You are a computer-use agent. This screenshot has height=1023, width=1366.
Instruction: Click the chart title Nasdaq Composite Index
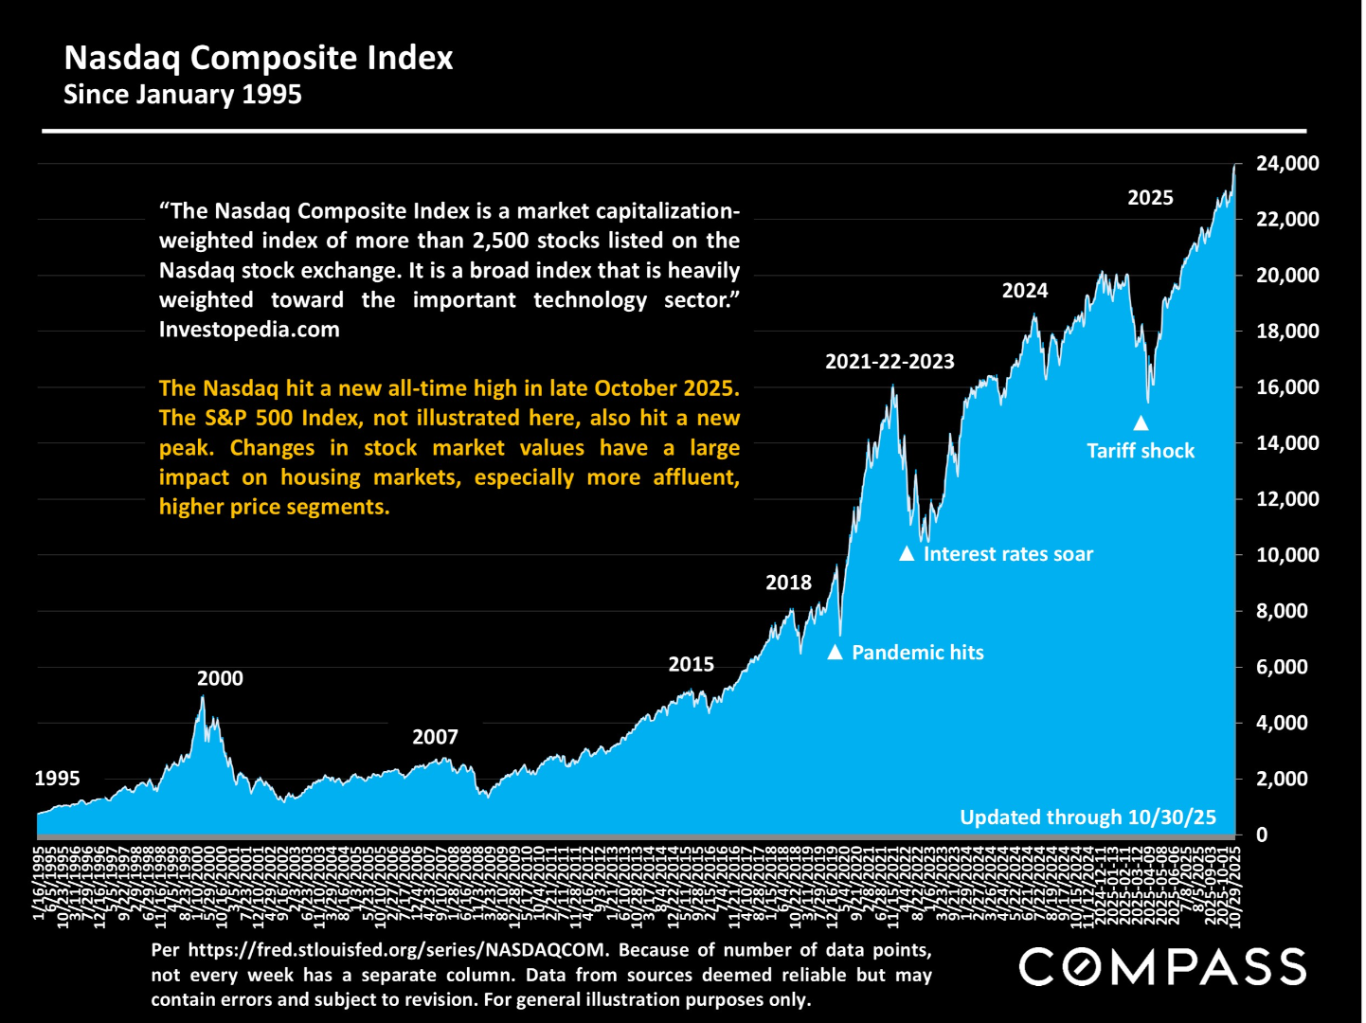click(258, 58)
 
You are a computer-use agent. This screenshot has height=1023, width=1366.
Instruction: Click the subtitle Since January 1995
click(182, 95)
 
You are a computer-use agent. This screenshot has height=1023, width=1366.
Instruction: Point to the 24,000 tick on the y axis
click(1286, 164)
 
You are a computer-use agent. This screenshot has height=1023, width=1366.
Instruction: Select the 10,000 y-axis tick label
click(1286, 555)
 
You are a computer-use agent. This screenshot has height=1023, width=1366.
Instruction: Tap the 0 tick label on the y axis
click(1261, 835)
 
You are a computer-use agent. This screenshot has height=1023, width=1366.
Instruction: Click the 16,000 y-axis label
click(1286, 387)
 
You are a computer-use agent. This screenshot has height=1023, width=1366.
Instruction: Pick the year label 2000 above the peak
click(220, 678)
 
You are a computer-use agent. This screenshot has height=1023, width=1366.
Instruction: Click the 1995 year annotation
click(57, 779)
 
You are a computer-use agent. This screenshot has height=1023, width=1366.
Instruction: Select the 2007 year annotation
click(435, 737)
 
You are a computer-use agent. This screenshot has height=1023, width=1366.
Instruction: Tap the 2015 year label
click(691, 664)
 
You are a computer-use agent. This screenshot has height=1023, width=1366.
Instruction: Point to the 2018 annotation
click(788, 583)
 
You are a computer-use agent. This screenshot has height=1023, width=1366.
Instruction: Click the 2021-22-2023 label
click(890, 361)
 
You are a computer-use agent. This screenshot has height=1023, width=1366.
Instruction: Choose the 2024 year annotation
click(1025, 291)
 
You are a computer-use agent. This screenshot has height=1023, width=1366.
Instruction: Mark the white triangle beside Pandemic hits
click(835, 652)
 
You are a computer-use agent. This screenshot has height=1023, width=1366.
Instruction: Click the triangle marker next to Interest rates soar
click(907, 553)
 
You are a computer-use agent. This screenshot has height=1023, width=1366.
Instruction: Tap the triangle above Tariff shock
click(1141, 423)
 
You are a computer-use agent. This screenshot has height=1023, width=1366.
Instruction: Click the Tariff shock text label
click(1141, 451)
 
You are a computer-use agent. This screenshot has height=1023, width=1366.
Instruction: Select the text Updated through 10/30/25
click(1087, 817)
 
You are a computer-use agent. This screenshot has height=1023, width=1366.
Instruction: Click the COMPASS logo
click(1162, 967)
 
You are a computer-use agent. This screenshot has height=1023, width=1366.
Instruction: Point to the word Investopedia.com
click(249, 330)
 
